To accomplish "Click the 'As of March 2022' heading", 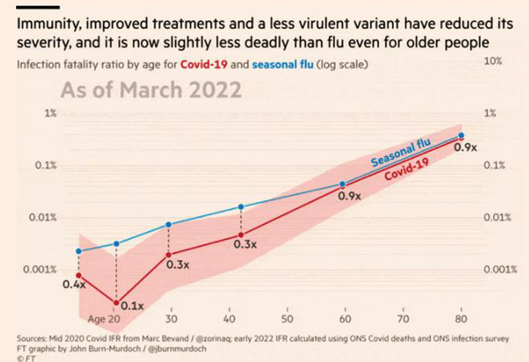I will [151, 91].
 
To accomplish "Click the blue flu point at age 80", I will [461, 135].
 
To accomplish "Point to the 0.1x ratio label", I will [131, 305].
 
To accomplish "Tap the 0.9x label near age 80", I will [465, 148].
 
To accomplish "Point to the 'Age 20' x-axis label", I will [104, 320].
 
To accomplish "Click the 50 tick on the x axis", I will [287, 320].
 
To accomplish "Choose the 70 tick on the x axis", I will [403, 320].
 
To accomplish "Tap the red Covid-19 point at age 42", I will [240, 235].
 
